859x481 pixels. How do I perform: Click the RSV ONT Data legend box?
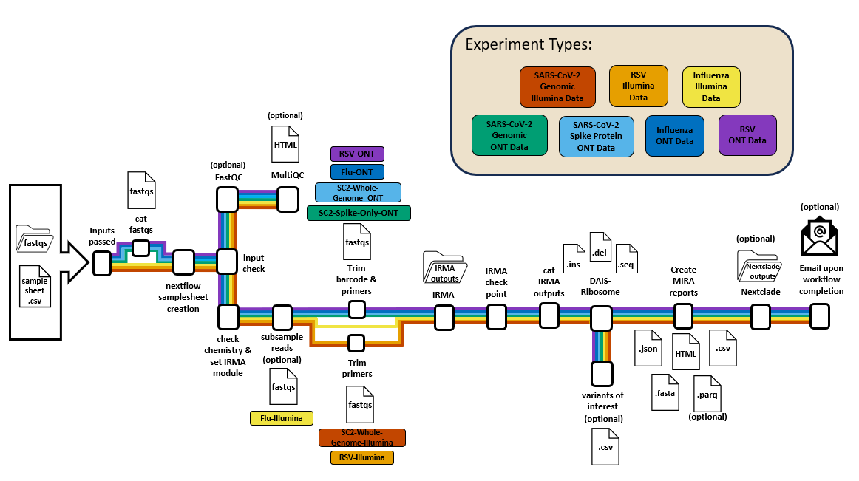pos(747,134)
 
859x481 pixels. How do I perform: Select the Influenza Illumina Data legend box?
pos(710,86)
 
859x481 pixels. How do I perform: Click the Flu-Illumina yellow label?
pos(281,418)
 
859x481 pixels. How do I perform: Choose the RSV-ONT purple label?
pos(356,154)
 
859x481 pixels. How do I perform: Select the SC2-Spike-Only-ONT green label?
pos(359,213)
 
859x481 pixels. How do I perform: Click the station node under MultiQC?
pos(287,199)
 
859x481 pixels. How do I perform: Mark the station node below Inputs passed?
pos(102,262)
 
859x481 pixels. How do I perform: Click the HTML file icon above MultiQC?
pos(286,144)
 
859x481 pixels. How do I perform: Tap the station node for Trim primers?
pos(356,343)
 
